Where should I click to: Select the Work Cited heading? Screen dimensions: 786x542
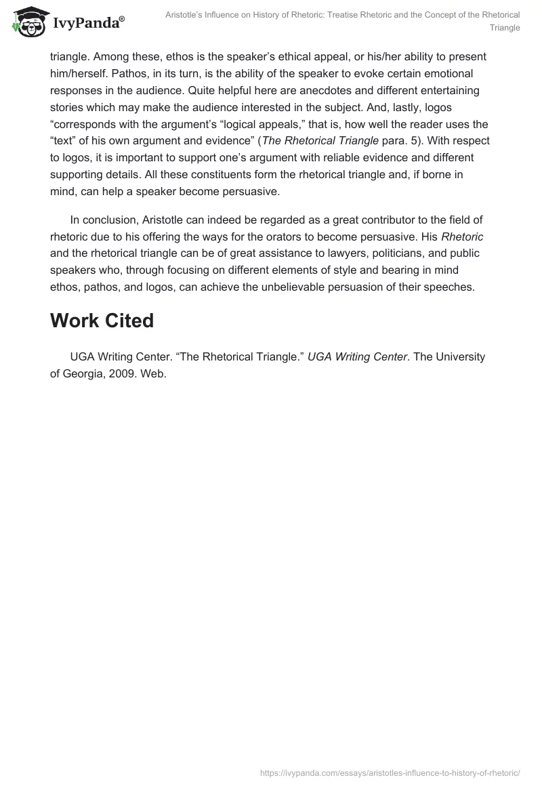click(102, 321)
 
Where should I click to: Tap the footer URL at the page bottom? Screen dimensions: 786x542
click(390, 772)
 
